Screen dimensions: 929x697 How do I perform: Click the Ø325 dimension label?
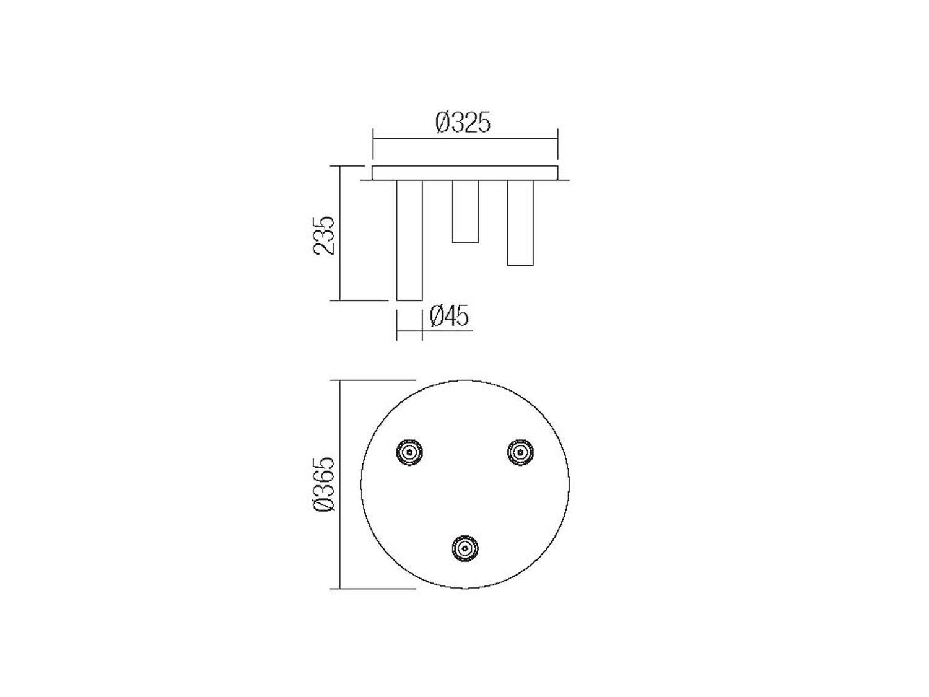tap(463, 122)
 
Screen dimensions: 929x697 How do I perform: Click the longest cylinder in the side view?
tap(409, 240)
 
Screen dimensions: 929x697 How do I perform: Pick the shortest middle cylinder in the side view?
tap(465, 211)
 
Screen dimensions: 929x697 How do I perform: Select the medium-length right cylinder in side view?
tap(520, 222)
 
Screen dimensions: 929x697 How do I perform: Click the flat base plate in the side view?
tap(464, 173)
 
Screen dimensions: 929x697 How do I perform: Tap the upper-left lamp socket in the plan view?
tap(409, 452)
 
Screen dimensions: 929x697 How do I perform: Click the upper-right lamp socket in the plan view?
tap(520, 452)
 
